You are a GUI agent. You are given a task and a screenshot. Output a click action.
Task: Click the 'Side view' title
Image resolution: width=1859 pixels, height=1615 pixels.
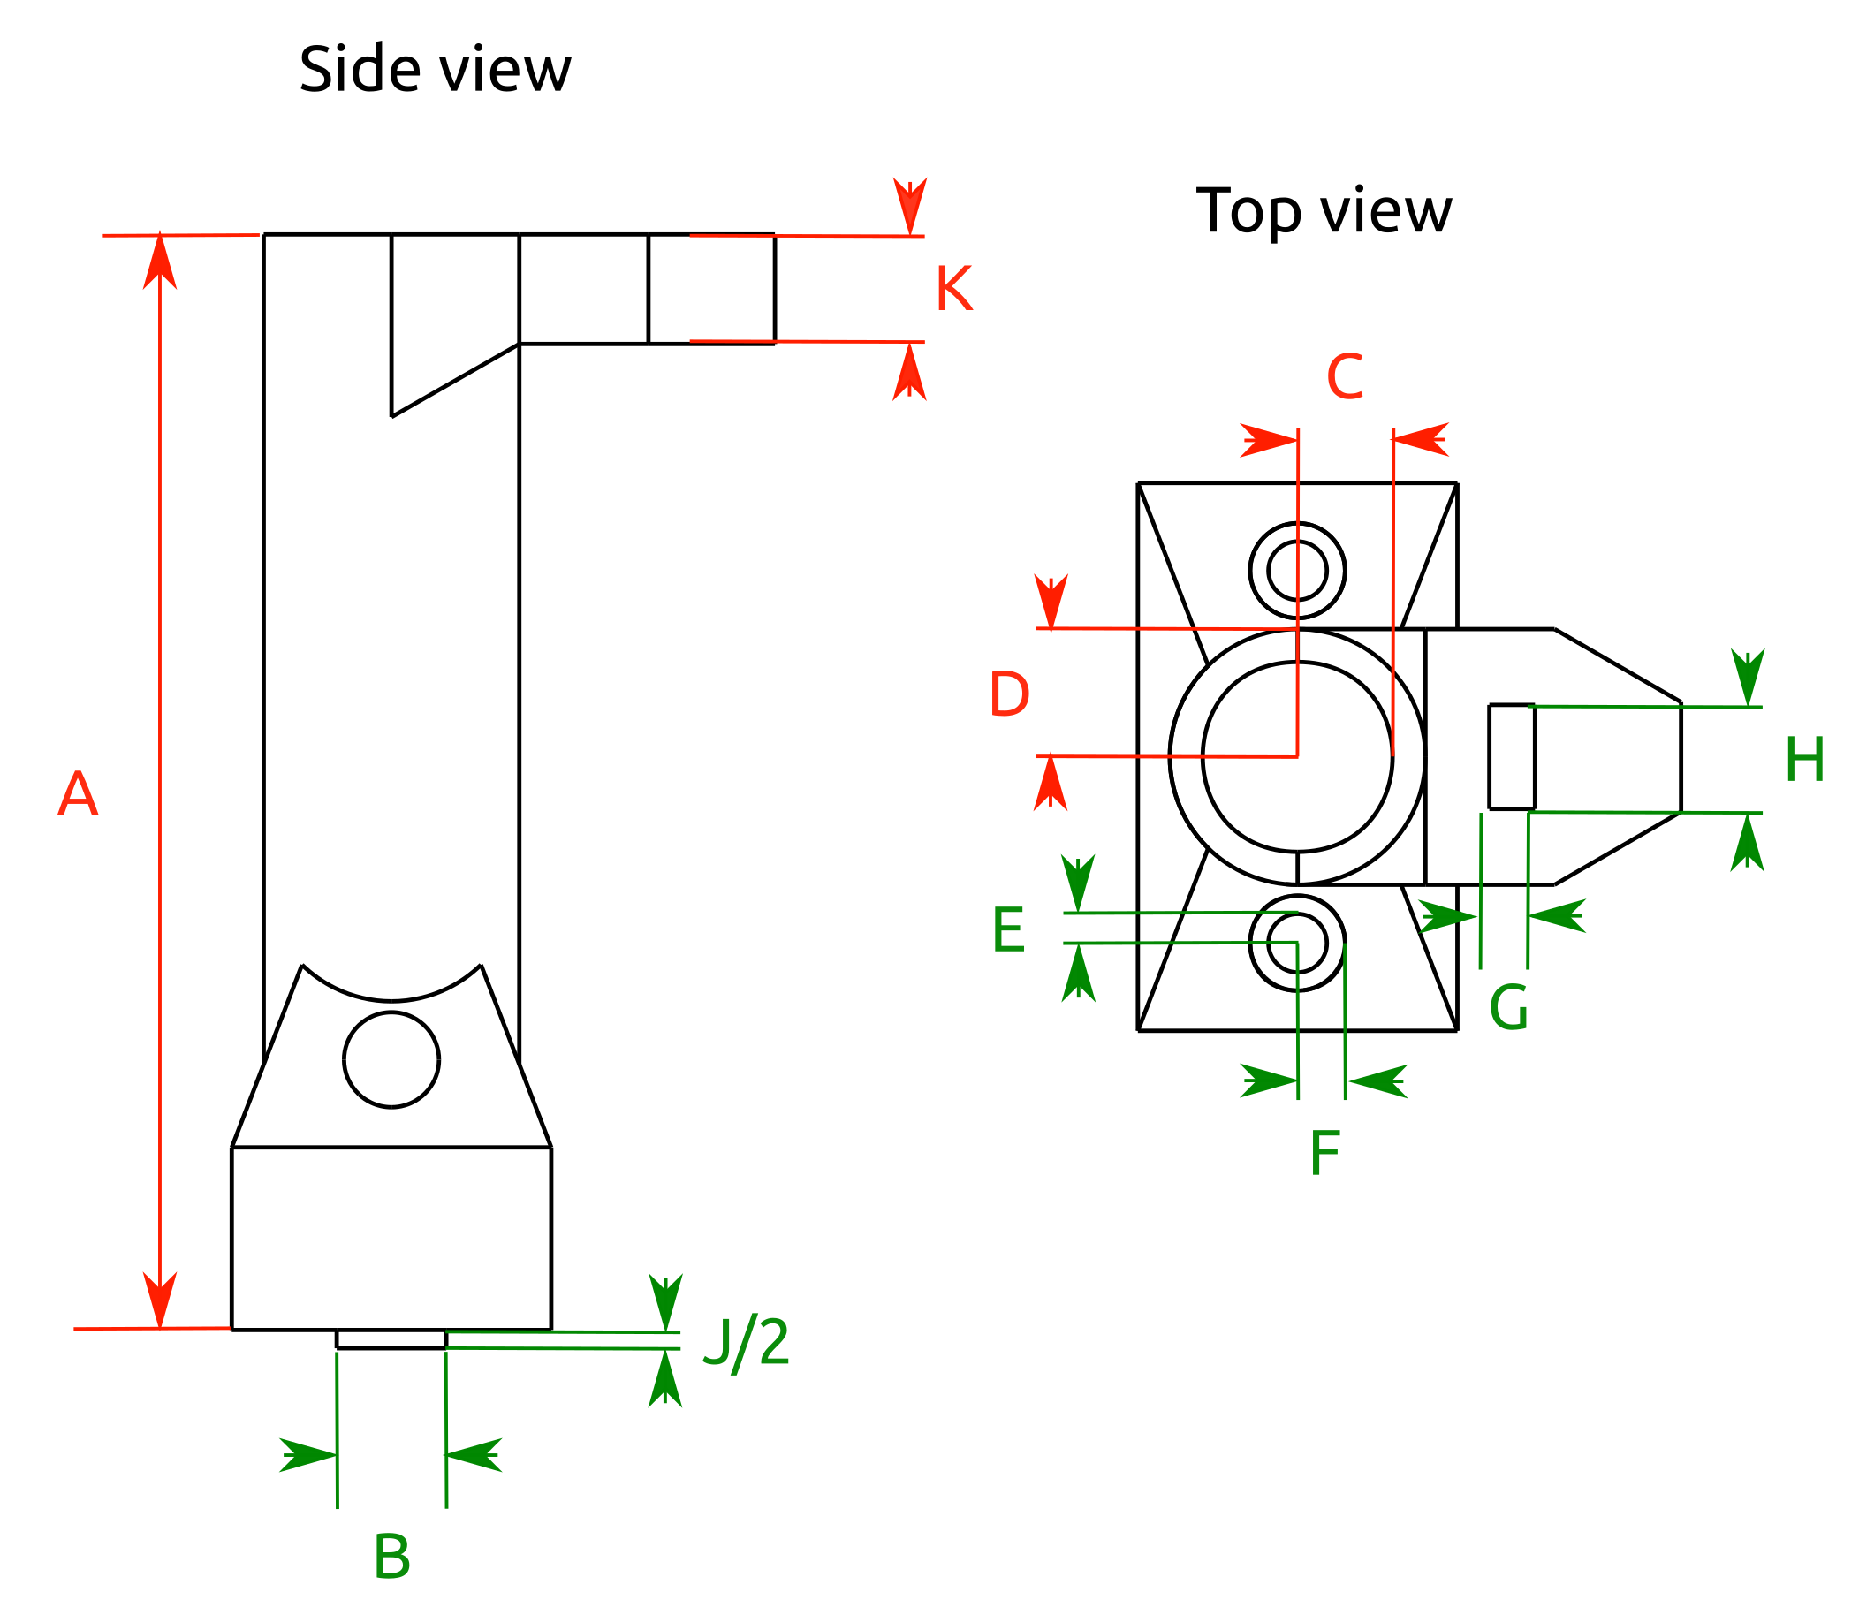[435, 70]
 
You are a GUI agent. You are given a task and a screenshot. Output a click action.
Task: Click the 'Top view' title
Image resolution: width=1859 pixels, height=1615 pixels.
[1323, 211]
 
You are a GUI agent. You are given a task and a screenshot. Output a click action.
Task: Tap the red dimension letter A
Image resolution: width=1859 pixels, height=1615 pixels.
[78, 795]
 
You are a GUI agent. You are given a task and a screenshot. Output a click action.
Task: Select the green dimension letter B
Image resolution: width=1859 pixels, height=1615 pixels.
[391, 1558]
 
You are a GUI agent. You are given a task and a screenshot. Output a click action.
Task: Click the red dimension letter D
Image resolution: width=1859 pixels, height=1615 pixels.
[1008, 694]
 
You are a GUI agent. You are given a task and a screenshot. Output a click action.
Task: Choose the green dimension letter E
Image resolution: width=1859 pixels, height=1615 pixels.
[1007, 931]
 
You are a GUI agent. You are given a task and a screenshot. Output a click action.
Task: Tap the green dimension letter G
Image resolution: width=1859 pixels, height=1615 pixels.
[1508, 1008]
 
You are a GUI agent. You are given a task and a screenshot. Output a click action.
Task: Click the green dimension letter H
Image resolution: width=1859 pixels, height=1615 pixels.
[1804, 761]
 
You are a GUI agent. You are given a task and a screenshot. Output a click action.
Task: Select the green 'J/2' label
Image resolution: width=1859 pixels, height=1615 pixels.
[745, 1343]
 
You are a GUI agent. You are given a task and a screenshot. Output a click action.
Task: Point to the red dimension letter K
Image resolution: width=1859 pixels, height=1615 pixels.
[953, 290]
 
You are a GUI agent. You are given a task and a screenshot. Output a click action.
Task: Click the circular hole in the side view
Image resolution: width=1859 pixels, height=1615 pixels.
[391, 1060]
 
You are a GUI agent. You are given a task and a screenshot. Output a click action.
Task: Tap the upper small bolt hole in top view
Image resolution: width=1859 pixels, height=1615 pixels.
[1297, 571]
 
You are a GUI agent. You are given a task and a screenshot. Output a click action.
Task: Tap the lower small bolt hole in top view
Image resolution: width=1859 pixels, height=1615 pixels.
[1297, 944]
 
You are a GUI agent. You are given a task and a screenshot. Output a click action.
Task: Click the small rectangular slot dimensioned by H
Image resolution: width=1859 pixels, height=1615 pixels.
[1511, 757]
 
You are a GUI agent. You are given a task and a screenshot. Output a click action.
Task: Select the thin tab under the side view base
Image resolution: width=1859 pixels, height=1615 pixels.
[391, 1339]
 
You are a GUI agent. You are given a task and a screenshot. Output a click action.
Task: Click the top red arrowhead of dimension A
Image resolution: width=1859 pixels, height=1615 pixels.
[160, 262]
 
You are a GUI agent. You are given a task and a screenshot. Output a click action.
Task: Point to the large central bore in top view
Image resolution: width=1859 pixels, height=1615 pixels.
[1297, 757]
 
